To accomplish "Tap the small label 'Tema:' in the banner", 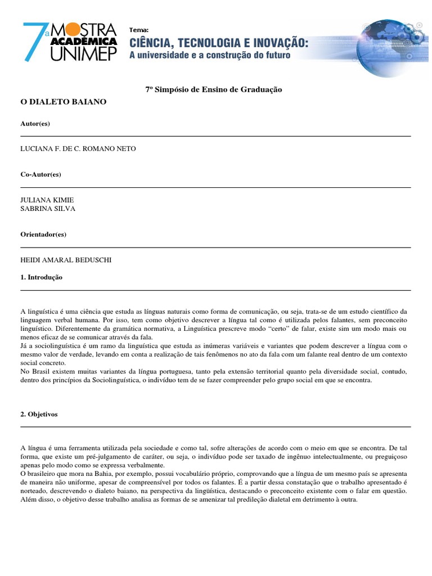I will tap(138, 29).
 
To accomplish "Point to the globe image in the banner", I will tap(394, 45).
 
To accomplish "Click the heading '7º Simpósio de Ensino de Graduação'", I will tap(210, 89).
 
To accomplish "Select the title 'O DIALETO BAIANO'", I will tap(63, 102).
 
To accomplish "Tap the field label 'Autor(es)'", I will tap(35, 123).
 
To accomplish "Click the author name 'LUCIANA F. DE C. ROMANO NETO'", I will tap(78, 148).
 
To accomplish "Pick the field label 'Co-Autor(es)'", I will tap(40, 174).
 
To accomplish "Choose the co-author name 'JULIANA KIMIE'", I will tap(47, 200).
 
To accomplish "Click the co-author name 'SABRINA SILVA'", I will tap(48, 209).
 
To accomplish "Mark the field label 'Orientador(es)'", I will tap(43, 235).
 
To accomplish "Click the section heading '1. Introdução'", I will tap(41, 277).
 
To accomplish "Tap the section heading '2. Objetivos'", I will tap(39, 414).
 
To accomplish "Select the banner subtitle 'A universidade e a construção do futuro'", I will tap(210, 55).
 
